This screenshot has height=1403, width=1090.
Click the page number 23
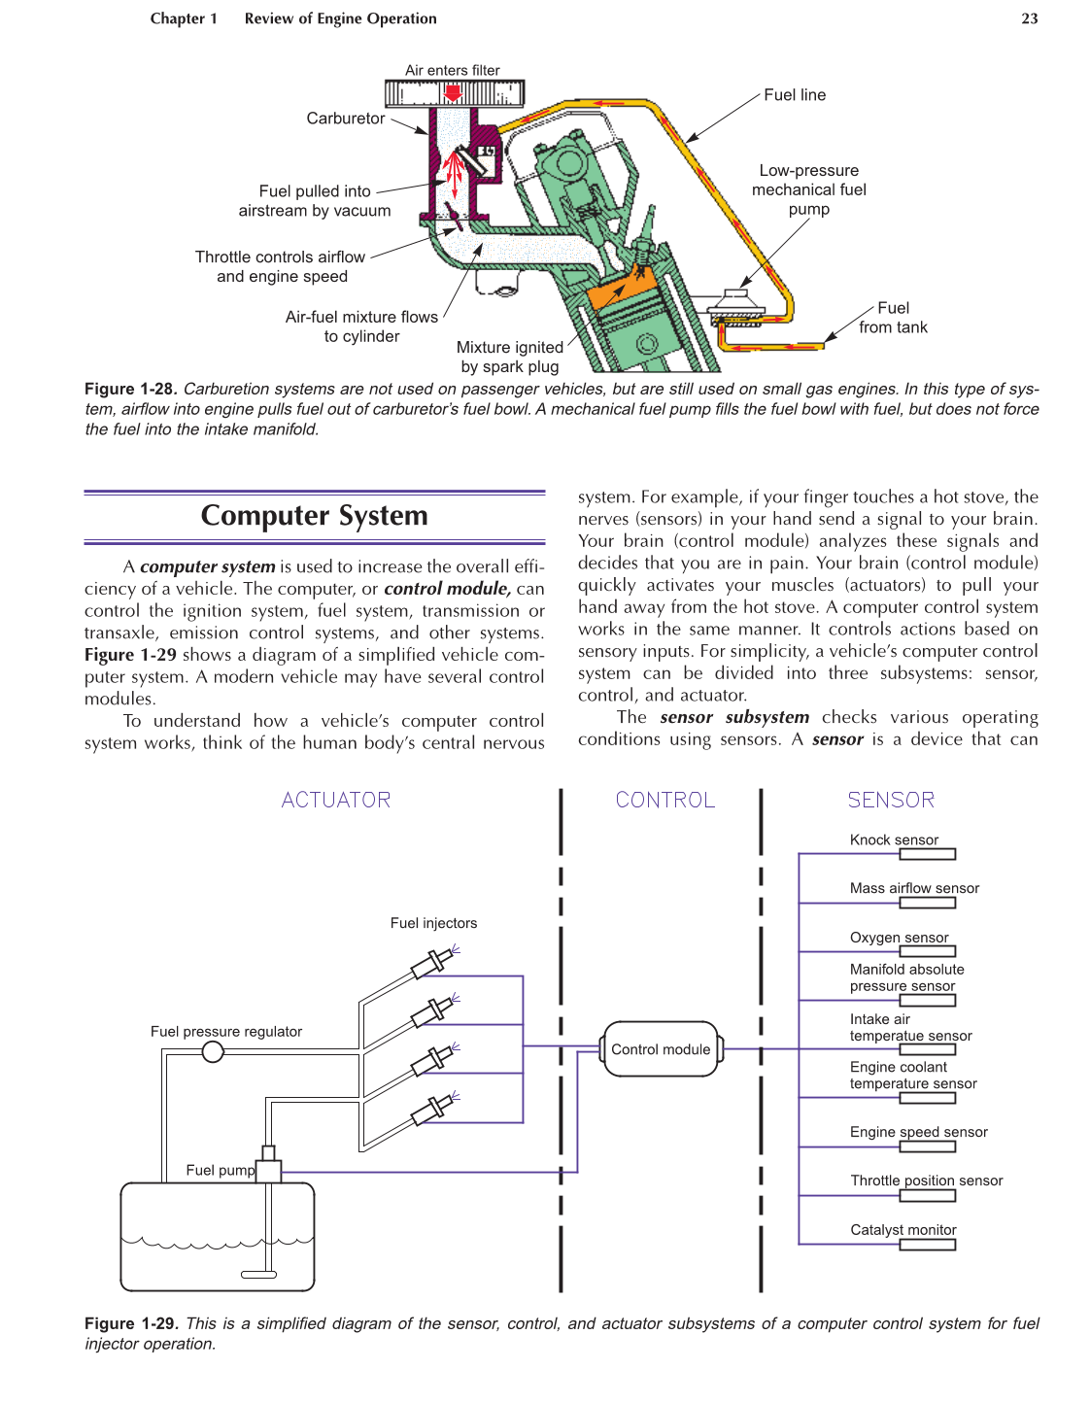coord(1029,18)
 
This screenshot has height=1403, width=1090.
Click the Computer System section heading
coord(314,516)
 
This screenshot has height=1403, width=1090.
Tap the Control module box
coord(661,1049)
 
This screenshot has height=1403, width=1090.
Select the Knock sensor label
coord(894,839)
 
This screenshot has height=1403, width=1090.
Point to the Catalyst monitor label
coord(903,1229)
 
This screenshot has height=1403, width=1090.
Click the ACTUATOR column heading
coord(336,800)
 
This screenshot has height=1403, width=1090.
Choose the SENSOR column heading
coord(891,800)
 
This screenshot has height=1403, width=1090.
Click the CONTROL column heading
coord(665,800)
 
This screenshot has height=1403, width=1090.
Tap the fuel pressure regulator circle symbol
coord(213,1051)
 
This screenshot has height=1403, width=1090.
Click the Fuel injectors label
coord(433,923)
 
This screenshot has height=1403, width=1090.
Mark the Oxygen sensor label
coord(899,938)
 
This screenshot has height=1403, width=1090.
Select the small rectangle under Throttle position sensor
coord(927,1196)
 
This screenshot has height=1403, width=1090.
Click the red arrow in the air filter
coord(453,92)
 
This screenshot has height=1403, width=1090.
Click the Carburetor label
coord(346,119)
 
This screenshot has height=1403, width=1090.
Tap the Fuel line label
coord(795,95)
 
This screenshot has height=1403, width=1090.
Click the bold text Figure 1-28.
coord(130,389)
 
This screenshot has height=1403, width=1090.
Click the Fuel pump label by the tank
coord(221,1170)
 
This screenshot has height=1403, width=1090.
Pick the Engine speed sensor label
coord(918,1132)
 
